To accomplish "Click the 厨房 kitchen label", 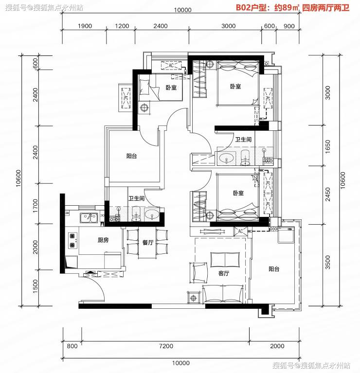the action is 103,240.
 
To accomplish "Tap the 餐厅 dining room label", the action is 148,243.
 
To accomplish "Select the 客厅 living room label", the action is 224,273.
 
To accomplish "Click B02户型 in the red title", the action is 251,8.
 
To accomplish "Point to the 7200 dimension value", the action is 166,346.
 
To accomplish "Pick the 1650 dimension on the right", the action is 327,146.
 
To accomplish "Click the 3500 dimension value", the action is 327,262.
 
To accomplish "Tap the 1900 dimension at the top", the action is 85,26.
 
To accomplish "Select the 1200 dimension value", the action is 122,26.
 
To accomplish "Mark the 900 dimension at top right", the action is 289,26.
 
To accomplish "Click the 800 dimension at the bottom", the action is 72,346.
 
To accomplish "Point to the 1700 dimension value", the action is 35,206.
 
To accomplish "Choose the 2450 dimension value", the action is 327,195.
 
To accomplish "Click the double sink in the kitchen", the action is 89,218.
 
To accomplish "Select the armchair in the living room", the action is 199,273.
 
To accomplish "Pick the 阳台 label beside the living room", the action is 274,269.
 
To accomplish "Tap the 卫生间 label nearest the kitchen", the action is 136,198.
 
